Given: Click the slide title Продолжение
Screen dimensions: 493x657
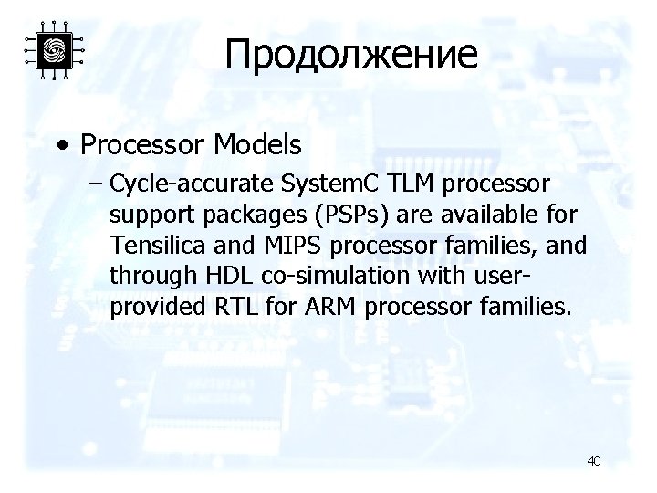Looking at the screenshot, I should pos(351,54).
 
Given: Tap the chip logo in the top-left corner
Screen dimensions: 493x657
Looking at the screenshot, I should pos(54,51).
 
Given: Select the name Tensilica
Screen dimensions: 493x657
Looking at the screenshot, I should pos(151,246).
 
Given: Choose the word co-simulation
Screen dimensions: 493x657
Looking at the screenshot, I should pos(325,277).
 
